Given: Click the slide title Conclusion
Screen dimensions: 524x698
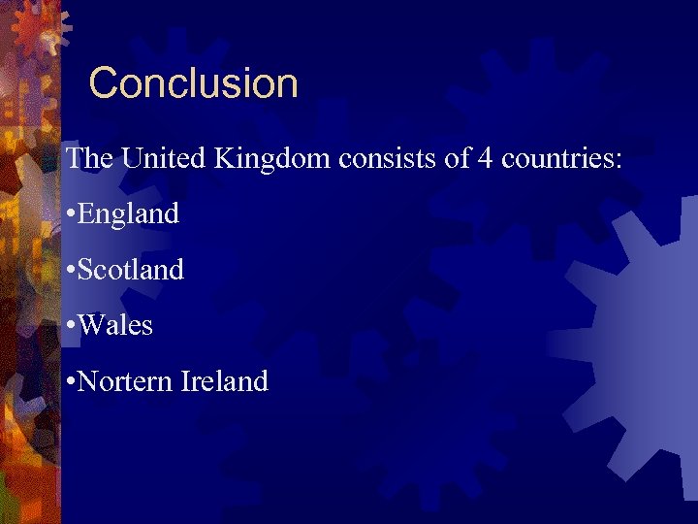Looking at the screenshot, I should pyautogui.click(x=193, y=83).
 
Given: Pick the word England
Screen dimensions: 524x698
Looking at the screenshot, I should pyautogui.click(x=128, y=213).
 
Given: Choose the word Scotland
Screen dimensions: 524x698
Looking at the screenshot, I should pyautogui.click(x=130, y=269).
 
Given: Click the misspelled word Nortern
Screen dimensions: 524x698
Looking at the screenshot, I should pyautogui.click(x=125, y=381).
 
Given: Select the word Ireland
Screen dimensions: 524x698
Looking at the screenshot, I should pyautogui.click(x=224, y=381).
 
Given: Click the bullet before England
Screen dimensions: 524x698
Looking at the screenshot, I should pyautogui.click(x=70, y=214).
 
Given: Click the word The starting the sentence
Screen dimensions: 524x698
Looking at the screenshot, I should pyautogui.click(x=89, y=158).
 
